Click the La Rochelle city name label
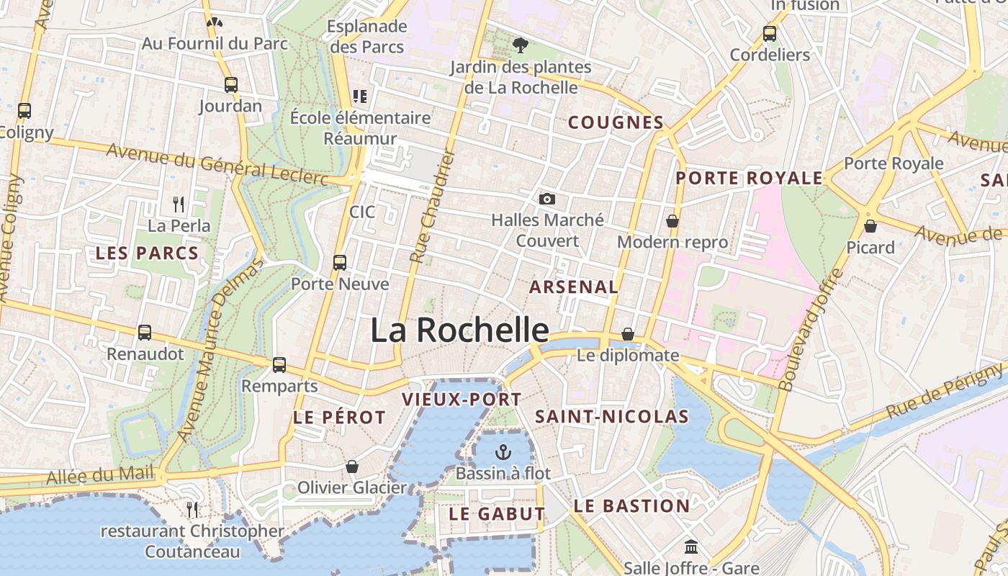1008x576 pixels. point(459,330)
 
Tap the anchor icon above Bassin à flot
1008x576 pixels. point(503,452)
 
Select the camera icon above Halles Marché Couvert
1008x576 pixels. point(547,199)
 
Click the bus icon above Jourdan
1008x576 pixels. point(230,84)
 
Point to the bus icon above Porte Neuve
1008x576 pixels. point(340,262)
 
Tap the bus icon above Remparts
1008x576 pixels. point(279,364)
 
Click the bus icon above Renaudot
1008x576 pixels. point(145,332)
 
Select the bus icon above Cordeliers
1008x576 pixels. point(770,33)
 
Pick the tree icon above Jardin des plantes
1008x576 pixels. point(520,45)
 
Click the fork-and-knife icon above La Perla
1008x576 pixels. point(179,204)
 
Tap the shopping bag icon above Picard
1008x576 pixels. point(870,226)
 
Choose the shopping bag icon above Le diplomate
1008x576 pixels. point(628,334)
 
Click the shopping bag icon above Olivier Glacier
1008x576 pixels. point(352,467)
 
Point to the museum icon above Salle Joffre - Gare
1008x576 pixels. point(691,546)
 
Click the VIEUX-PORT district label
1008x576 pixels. point(462,399)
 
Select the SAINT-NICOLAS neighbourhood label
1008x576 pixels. point(612,416)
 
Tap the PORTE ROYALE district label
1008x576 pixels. point(749,178)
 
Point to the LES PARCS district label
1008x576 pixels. point(147,253)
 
